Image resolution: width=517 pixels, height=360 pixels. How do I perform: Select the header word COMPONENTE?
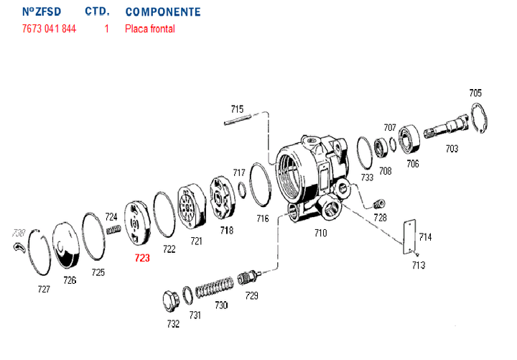point(162,12)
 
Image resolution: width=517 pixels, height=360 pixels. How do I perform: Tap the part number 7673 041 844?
point(49,29)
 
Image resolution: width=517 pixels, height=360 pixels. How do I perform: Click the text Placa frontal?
point(149,29)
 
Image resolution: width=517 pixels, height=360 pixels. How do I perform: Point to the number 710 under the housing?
point(320,233)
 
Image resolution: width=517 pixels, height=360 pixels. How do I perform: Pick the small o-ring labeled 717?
point(243,191)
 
